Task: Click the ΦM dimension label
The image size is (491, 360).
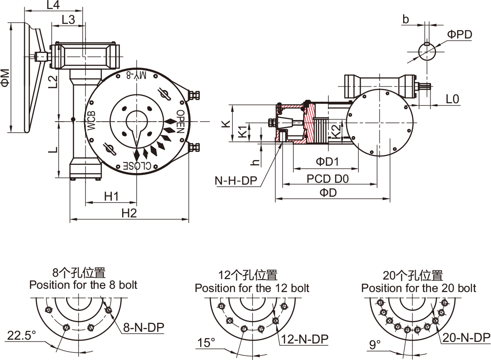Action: coord(5,78)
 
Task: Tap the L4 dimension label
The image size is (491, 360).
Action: coord(54,6)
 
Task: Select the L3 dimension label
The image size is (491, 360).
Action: coord(68,19)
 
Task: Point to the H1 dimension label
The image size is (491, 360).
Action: coord(111,196)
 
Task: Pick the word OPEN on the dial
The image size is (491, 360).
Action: coord(180,122)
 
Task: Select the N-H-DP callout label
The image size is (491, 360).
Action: coord(236,180)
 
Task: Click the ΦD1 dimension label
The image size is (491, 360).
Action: coord(327,162)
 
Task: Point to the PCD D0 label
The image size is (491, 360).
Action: coord(328,178)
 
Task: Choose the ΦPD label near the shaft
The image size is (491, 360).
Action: coord(460,35)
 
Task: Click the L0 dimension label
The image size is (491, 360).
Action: coord(453,98)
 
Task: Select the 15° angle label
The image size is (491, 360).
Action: coord(206,343)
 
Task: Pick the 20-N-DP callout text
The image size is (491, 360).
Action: coord(466,338)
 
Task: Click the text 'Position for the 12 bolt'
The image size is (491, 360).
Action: coord(252,288)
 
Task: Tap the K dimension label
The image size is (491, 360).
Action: coord(226,124)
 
